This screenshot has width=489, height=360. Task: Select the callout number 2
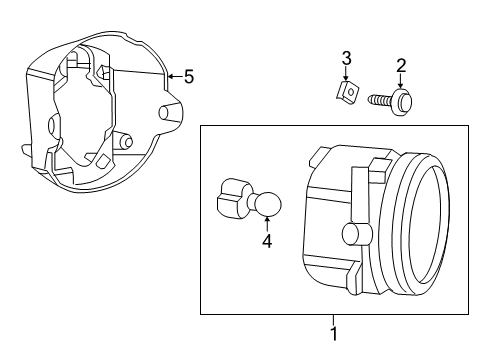pos(401,66)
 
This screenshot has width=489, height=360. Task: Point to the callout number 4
pos(267,240)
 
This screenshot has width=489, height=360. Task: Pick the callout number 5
pos(188,75)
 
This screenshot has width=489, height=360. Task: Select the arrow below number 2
pos(401,83)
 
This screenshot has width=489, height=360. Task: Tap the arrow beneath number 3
pos(345,74)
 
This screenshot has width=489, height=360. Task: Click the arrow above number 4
pos(267,222)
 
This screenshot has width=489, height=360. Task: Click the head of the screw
pos(403,101)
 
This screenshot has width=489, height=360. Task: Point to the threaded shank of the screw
pos(381,100)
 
